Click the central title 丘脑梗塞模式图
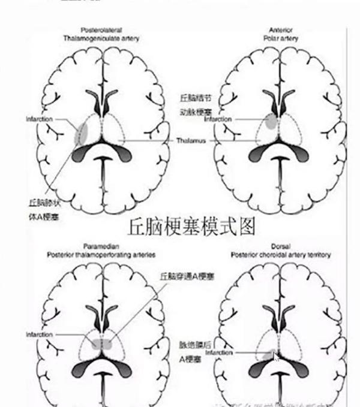(193, 227)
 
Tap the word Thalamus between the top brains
(191, 141)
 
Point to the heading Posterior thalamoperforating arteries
(101, 255)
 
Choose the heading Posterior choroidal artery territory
(280, 255)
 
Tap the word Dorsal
(280, 247)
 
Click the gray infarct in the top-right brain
(271, 122)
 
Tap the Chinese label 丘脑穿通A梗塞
(188, 276)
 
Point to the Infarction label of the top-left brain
(39, 119)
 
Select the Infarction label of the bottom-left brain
(39, 334)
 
